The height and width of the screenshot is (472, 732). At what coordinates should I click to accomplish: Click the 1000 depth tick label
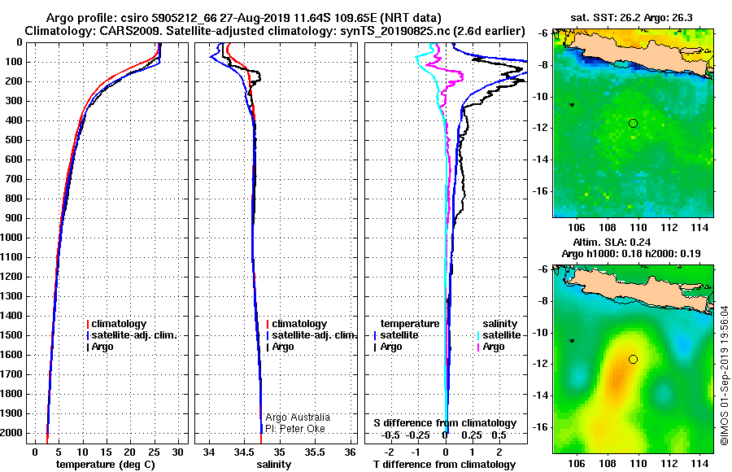pyautogui.click(x=14, y=238)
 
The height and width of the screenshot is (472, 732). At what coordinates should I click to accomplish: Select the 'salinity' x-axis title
pyautogui.click(x=273, y=464)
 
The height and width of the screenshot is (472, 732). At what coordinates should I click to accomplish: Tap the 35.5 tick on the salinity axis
pyautogui.click(x=315, y=452)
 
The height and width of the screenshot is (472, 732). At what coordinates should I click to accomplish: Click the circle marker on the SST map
pyautogui.click(x=633, y=123)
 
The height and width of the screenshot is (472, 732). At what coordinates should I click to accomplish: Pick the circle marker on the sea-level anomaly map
pyautogui.click(x=633, y=359)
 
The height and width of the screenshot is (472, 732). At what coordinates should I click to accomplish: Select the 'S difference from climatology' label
pyautogui.click(x=445, y=423)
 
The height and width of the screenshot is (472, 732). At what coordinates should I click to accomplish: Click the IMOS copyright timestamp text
pyautogui.click(x=724, y=374)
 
